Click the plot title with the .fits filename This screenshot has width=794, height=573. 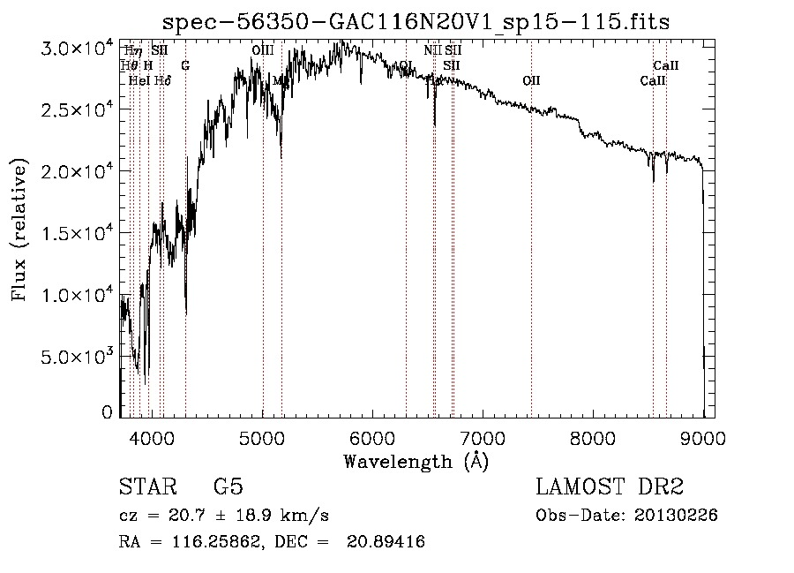coord(416,22)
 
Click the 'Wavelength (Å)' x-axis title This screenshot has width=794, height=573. coord(416,461)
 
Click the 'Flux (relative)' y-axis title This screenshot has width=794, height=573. coord(19,230)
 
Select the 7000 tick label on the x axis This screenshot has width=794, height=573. coord(483,437)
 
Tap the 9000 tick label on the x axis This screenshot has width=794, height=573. coord(702,437)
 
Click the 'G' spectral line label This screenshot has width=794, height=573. coord(185,65)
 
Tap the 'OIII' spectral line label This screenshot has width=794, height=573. coord(262,50)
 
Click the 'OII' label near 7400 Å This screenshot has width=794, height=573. coord(531,80)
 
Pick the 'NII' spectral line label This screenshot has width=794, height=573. coord(432,50)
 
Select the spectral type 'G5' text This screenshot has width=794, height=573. coord(228,487)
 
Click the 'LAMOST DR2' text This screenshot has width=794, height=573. coord(610,487)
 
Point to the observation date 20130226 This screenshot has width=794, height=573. coord(677,516)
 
